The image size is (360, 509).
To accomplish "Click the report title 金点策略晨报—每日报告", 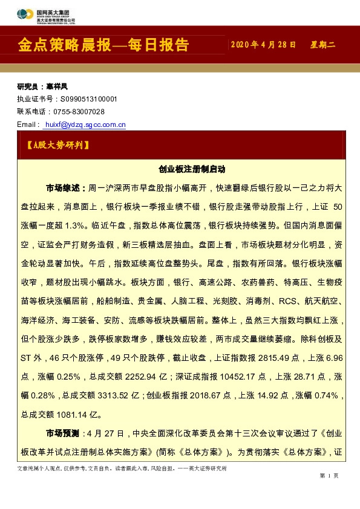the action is (103, 46).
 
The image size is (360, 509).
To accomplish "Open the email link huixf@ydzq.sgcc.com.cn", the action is (85, 125).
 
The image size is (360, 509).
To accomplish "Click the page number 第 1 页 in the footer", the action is (329, 476).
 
